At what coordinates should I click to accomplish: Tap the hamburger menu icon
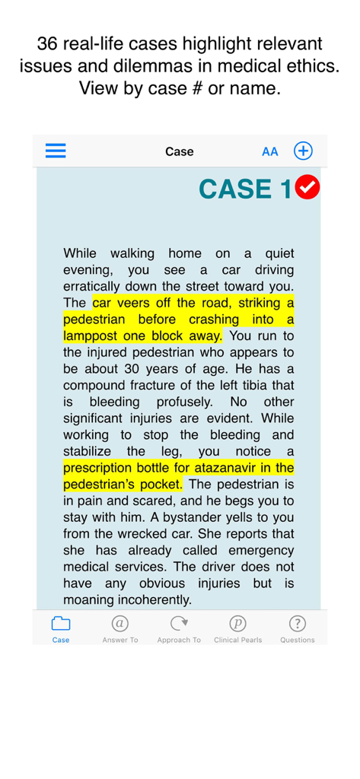click(x=56, y=151)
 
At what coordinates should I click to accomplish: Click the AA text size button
click(x=270, y=151)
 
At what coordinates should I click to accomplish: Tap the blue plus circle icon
click(x=303, y=151)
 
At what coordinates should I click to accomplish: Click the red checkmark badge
click(x=307, y=187)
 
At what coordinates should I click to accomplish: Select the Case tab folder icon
click(x=61, y=624)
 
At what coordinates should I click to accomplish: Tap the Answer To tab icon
click(x=119, y=624)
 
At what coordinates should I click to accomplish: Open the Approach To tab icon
click(x=179, y=624)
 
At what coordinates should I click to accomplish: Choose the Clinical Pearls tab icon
click(x=238, y=624)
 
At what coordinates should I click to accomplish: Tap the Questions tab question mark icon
click(x=297, y=624)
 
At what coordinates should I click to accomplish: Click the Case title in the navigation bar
click(x=180, y=151)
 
